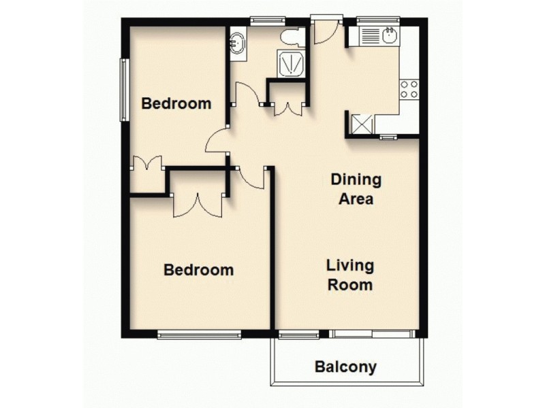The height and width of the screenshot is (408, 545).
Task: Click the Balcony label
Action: point(345,368)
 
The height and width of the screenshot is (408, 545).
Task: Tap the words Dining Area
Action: point(356,190)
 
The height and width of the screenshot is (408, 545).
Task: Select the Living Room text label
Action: point(350,275)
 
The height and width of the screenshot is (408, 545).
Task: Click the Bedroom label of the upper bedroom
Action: point(176,104)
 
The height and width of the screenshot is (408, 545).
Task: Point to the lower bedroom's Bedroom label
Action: point(199,270)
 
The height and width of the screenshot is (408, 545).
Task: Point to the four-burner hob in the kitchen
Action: point(409,88)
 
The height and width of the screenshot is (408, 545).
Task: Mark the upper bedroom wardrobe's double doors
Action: point(146,164)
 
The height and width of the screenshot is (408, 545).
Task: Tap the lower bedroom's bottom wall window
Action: point(199,334)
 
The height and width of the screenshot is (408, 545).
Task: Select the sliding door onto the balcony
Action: point(373,334)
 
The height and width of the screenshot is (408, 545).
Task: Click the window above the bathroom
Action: point(262,20)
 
